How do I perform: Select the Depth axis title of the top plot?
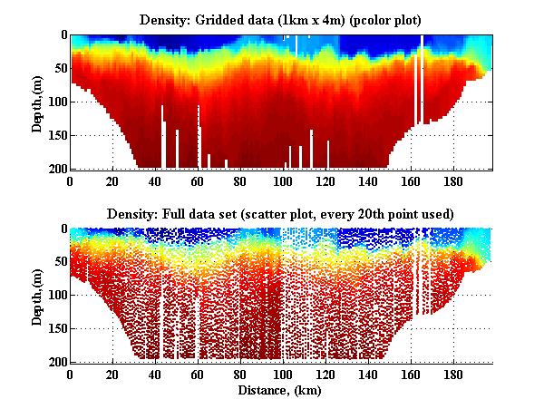[37, 102]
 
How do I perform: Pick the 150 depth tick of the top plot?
[57, 134]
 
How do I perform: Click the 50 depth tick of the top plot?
[60, 68]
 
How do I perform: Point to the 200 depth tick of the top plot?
[57, 168]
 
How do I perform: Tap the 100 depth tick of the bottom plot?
[57, 295]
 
